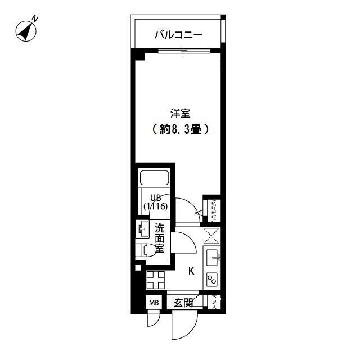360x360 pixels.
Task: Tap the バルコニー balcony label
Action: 178,36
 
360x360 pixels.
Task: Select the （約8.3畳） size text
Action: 180,129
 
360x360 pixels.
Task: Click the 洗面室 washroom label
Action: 160,238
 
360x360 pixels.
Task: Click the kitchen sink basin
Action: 211,258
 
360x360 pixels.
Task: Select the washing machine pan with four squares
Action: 156,280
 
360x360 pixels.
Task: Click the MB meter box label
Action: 154,304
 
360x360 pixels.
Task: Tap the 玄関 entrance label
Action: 183,303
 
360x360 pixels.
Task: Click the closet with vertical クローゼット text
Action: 213,210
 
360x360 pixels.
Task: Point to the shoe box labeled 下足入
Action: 214,303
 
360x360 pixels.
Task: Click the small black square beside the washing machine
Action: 138,268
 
